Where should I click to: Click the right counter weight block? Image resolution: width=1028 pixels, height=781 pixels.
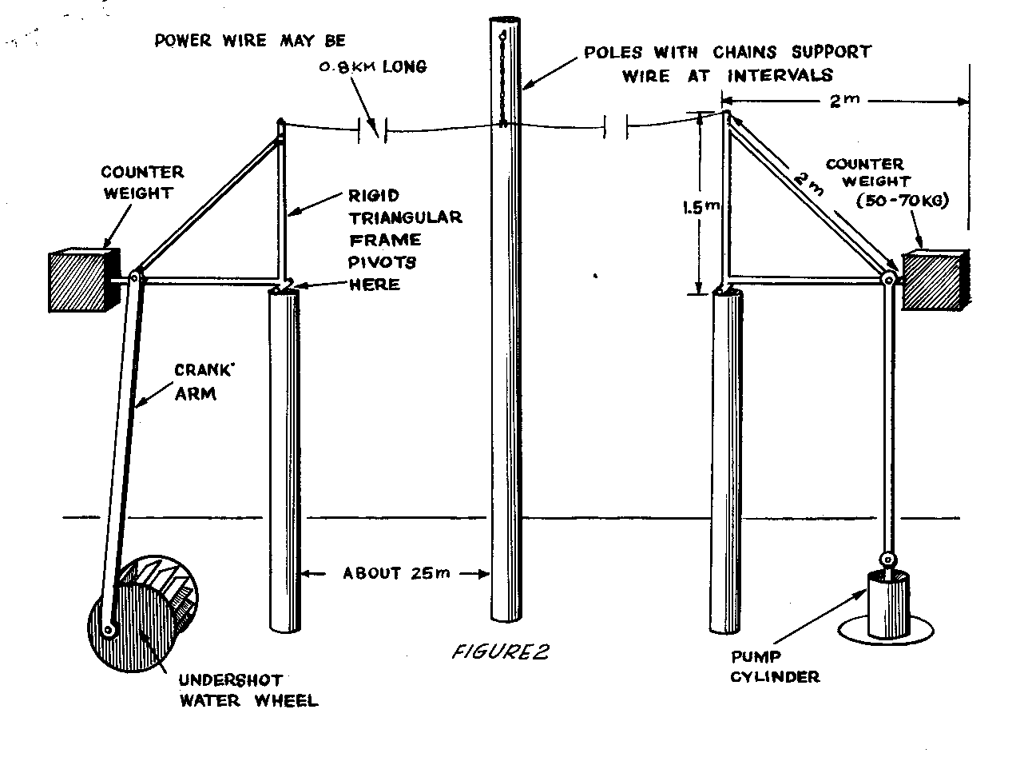coord(934,281)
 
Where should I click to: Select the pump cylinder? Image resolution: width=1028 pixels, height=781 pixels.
coord(887,604)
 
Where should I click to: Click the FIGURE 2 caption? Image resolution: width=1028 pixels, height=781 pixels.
coord(501,652)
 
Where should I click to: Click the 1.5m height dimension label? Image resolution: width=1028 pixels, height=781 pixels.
coord(701,207)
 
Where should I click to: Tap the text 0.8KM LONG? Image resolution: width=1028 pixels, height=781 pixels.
coord(372,67)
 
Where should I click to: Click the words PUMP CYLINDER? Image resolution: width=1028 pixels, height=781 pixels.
coord(776,667)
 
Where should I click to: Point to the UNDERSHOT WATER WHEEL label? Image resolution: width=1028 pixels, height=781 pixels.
coord(248,691)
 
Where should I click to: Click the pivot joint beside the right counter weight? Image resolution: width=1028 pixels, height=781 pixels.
coord(887,279)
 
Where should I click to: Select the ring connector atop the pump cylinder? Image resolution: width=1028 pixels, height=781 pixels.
coord(887,560)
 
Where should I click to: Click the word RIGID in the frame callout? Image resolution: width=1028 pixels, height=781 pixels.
coord(375,196)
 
